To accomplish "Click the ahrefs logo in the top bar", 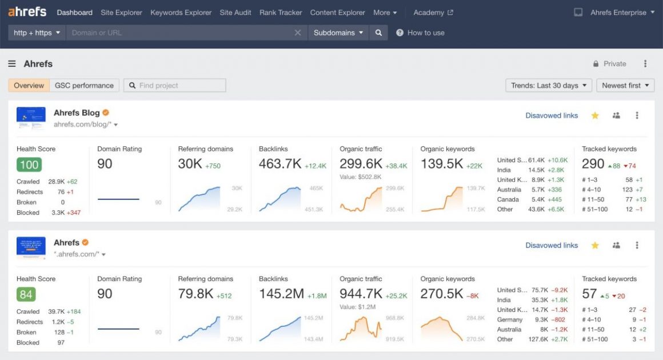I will (27, 12).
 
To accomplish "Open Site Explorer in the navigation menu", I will (121, 13).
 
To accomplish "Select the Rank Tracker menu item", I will (281, 13).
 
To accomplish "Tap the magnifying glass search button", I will (378, 33).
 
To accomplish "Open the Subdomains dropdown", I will (338, 33).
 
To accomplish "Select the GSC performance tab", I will (84, 86).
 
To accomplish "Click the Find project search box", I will (175, 86).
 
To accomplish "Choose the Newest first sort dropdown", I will (625, 86).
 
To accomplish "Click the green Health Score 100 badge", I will (29, 165).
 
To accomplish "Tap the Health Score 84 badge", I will (26, 295).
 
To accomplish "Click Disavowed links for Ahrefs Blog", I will (552, 115).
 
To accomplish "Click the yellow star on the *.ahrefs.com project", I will (595, 246).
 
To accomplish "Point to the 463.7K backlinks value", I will (280, 164).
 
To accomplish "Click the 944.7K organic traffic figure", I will (361, 294).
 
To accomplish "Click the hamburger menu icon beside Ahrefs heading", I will (12, 64).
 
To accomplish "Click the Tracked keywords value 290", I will (593, 164).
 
